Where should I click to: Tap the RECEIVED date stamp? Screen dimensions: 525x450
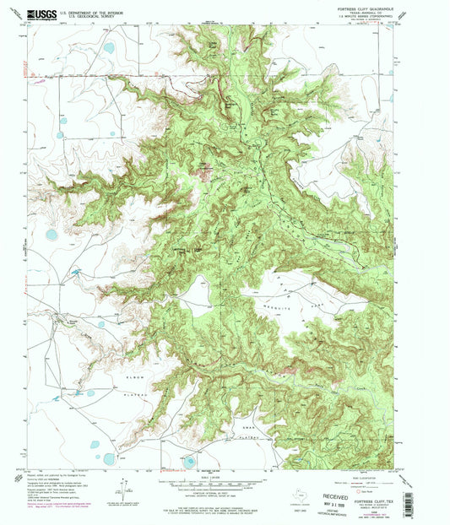(x=329, y=494)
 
